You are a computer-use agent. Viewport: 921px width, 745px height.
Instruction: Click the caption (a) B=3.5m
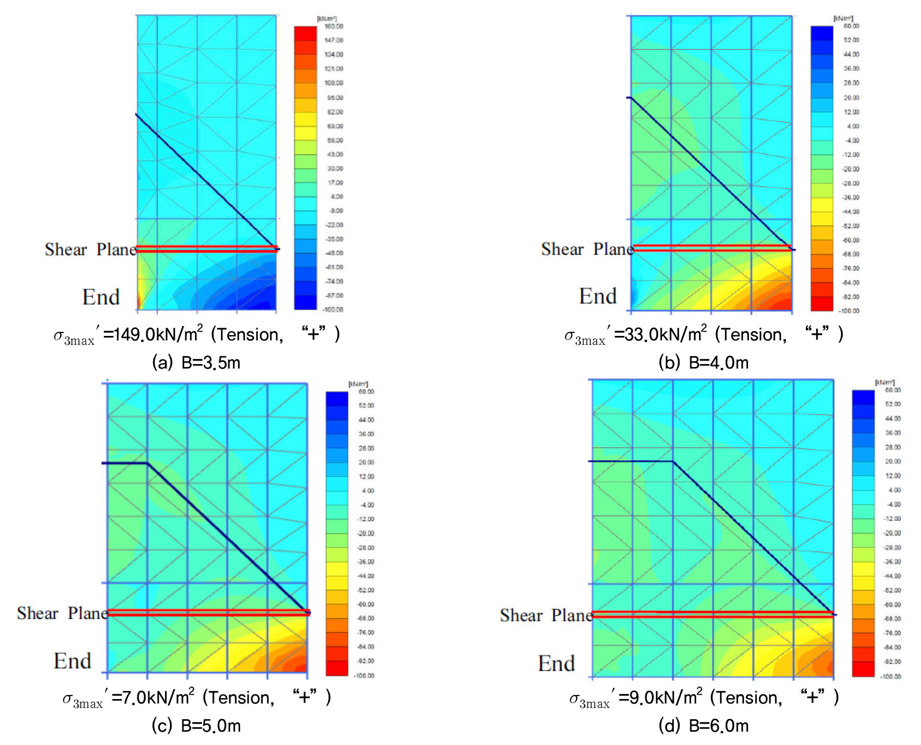(196, 363)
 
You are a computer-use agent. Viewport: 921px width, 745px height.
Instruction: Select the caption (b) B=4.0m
(703, 363)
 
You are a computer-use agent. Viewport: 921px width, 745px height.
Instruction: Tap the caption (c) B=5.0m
(196, 725)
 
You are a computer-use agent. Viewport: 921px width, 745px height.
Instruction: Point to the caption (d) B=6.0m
(703, 725)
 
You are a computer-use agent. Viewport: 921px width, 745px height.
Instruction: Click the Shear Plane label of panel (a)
(90, 249)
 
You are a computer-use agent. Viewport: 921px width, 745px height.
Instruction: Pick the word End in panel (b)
(597, 296)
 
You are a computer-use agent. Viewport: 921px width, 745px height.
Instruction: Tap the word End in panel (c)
(72, 661)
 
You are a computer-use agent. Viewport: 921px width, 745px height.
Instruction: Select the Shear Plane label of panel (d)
(546, 616)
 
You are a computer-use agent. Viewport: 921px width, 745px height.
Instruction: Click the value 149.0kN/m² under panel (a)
(153, 335)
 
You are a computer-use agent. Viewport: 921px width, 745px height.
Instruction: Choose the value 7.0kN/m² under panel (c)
(153, 698)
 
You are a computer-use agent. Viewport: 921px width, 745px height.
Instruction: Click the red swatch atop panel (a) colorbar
(305, 34)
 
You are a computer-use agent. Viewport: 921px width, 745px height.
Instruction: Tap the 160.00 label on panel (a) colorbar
(334, 26)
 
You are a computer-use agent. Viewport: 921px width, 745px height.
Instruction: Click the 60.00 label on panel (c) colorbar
(366, 392)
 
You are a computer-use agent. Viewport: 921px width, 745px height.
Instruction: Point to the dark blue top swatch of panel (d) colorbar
(863, 397)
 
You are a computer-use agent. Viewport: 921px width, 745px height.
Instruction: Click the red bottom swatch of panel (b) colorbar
(822, 304)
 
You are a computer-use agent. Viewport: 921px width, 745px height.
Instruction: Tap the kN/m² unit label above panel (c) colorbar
(358, 384)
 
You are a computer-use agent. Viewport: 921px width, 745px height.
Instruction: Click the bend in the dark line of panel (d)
(673, 461)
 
